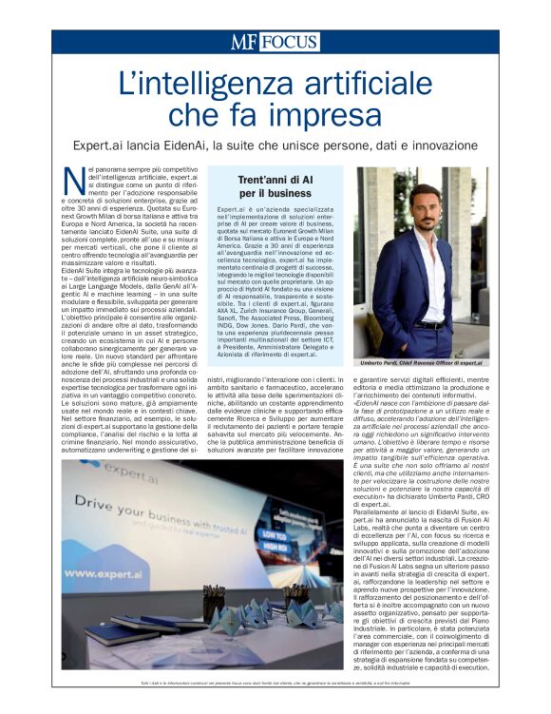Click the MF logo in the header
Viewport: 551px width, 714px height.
[x=244, y=42]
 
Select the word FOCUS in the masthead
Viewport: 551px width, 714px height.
[x=290, y=42]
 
